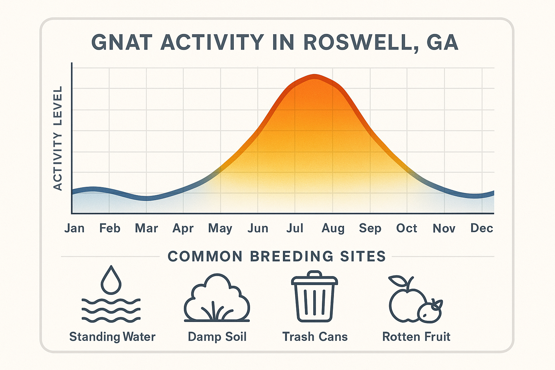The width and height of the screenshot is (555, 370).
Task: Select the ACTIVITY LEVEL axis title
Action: [58, 138]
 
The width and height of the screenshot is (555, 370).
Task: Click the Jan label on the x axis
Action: [74, 228]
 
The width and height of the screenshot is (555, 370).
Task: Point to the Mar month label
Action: [146, 228]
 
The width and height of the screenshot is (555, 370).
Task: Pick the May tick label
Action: [220, 229]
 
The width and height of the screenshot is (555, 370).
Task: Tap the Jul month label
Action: [295, 228]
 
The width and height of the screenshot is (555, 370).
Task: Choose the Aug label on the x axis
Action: [333, 229]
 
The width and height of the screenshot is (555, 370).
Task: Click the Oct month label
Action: [406, 228]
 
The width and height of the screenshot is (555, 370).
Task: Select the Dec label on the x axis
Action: [482, 228]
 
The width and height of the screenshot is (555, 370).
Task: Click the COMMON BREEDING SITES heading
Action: [277, 257]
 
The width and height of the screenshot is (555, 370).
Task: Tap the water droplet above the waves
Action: [111, 280]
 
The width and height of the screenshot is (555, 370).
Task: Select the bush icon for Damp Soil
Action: [217, 298]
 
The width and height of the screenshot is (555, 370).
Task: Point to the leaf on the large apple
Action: [397, 281]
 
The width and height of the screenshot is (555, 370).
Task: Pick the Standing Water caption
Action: [112, 337]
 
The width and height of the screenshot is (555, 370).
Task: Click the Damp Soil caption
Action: [217, 337]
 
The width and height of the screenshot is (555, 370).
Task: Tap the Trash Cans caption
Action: [315, 337]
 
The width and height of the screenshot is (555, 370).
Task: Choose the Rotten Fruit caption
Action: [416, 337]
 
